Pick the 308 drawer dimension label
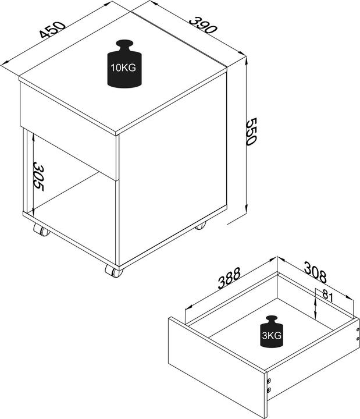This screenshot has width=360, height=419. click(314, 271)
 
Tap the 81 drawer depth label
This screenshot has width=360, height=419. click(327, 296)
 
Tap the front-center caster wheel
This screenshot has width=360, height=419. click(113, 271)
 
